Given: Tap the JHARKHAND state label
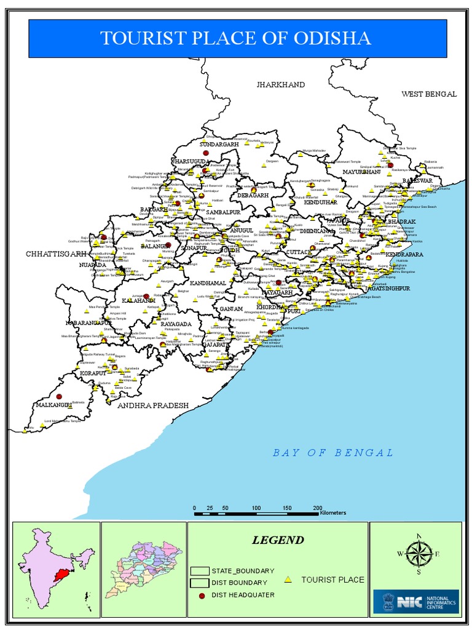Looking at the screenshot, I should (x=280, y=84).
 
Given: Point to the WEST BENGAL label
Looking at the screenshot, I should (x=429, y=94).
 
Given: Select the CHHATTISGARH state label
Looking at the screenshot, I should (x=53, y=253).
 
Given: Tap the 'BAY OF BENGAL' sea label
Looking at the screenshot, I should (x=333, y=453).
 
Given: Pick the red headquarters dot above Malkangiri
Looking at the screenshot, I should (x=60, y=397).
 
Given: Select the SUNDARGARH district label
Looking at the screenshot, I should (x=219, y=144).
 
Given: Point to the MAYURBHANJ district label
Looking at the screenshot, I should (x=362, y=172).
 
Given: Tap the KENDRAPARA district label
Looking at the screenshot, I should (x=405, y=254).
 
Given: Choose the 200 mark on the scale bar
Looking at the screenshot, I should (x=317, y=508).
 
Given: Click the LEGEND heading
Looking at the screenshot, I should (x=278, y=540).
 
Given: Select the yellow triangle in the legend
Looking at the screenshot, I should (x=288, y=580).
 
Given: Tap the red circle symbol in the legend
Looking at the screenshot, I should (x=200, y=595).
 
